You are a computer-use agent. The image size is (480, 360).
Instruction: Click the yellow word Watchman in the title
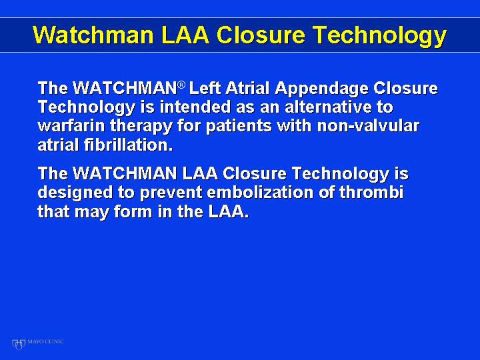coord(93,34)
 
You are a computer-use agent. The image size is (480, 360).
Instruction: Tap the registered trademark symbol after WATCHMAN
coord(181,85)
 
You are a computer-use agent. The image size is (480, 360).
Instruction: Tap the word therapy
coord(141,127)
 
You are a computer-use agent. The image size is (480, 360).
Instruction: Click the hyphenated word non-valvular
coord(368,126)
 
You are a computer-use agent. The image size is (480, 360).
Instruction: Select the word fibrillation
coord(128,145)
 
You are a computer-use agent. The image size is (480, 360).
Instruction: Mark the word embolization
coord(260,193)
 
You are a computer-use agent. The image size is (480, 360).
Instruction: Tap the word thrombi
coord(371,193)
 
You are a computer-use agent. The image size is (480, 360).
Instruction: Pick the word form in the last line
coord(133,212)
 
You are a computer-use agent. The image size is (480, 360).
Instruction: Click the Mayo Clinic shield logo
coord(19,344)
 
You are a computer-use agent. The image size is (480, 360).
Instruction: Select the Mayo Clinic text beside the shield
coord(45,341)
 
